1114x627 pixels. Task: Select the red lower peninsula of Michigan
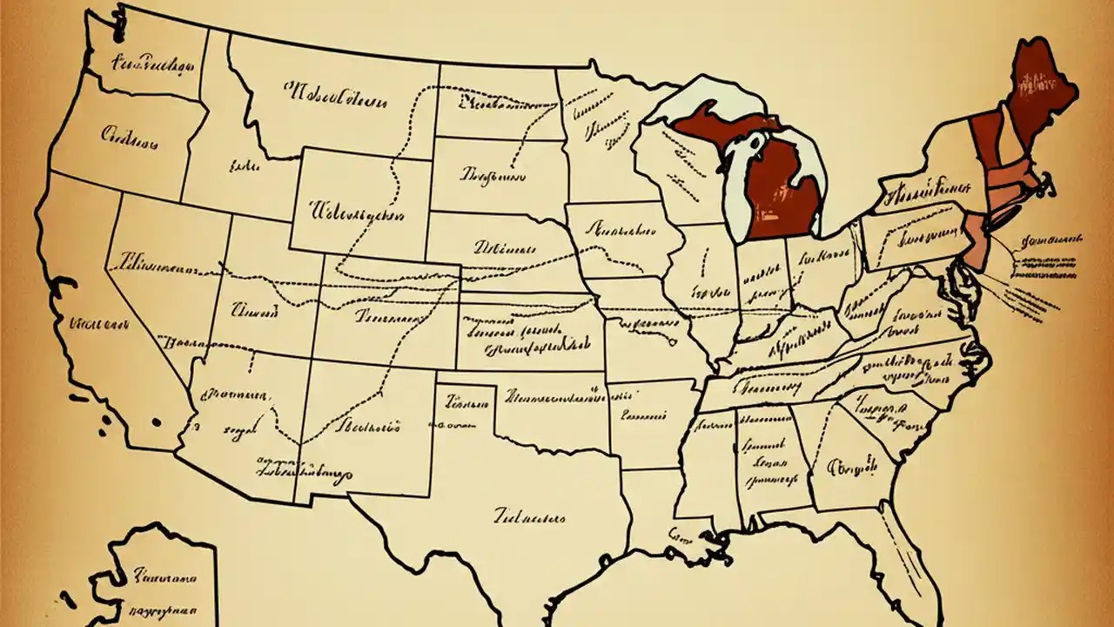pos(783,187)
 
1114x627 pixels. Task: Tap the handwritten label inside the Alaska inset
pos(164,577)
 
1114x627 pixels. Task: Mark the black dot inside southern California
pos(157,422)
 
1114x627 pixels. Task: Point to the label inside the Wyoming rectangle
pos(355,211)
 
